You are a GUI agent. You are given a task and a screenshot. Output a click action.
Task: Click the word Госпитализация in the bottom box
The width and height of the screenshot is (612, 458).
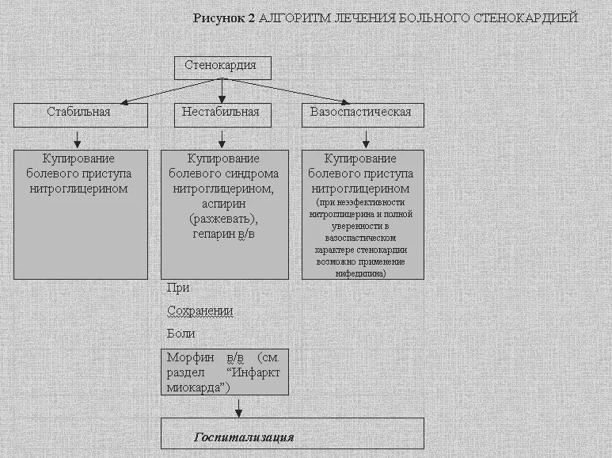pyautogui.click(x=244, y=437)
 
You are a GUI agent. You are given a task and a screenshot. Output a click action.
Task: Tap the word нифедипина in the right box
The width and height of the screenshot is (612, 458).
pyautogui.click(x=361, y=273)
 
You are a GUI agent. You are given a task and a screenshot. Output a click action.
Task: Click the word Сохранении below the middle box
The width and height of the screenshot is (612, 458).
pyautogui.click(x=200, y=311)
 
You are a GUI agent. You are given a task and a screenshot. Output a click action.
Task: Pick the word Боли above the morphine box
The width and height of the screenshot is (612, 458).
pyautogui.click(x=181, y=334)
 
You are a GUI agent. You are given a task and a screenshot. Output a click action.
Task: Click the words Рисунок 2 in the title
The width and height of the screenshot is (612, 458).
pyautogui.click(x=224, y=17)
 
